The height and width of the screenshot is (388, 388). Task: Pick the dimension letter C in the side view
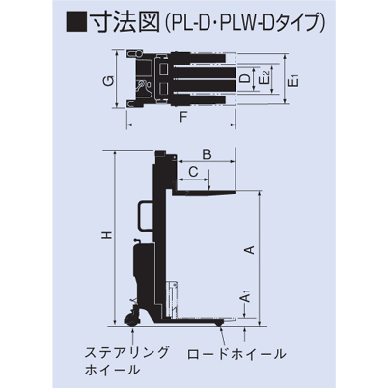(x=195, y=171)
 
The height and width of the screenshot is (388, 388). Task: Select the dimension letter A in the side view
(x=248, y=251)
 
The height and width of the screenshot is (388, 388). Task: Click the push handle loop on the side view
(x=143, y=215)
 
